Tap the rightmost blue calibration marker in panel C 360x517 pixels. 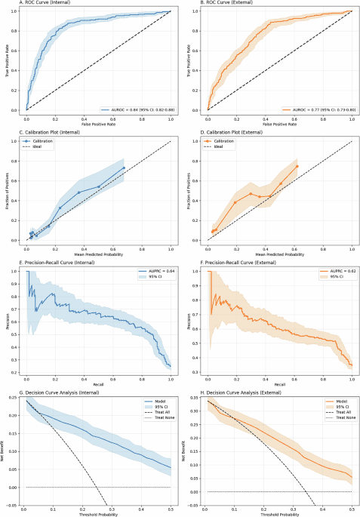[124, 168]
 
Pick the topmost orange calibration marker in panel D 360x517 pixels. [297, 166]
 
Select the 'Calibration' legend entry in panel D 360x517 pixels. [224, 140]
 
